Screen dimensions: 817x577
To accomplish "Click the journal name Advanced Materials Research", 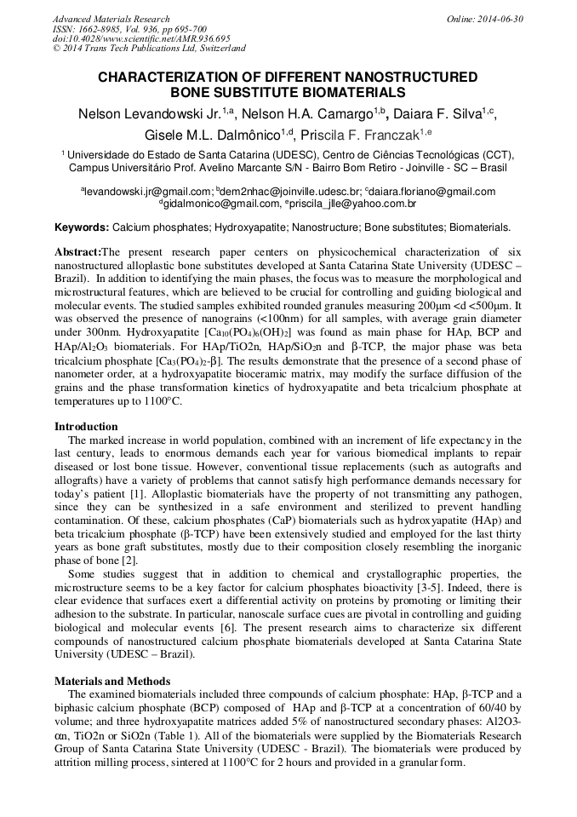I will click(111, 19).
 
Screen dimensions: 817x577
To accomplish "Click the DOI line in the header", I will click(141, 39).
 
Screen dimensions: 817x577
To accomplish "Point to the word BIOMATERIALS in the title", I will click(349, 92).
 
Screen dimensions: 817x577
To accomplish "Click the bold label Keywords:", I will click(82, 227).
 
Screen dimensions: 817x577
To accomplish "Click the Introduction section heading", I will click(86, 426).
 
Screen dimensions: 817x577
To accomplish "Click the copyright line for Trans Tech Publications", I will click(149, 49).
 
